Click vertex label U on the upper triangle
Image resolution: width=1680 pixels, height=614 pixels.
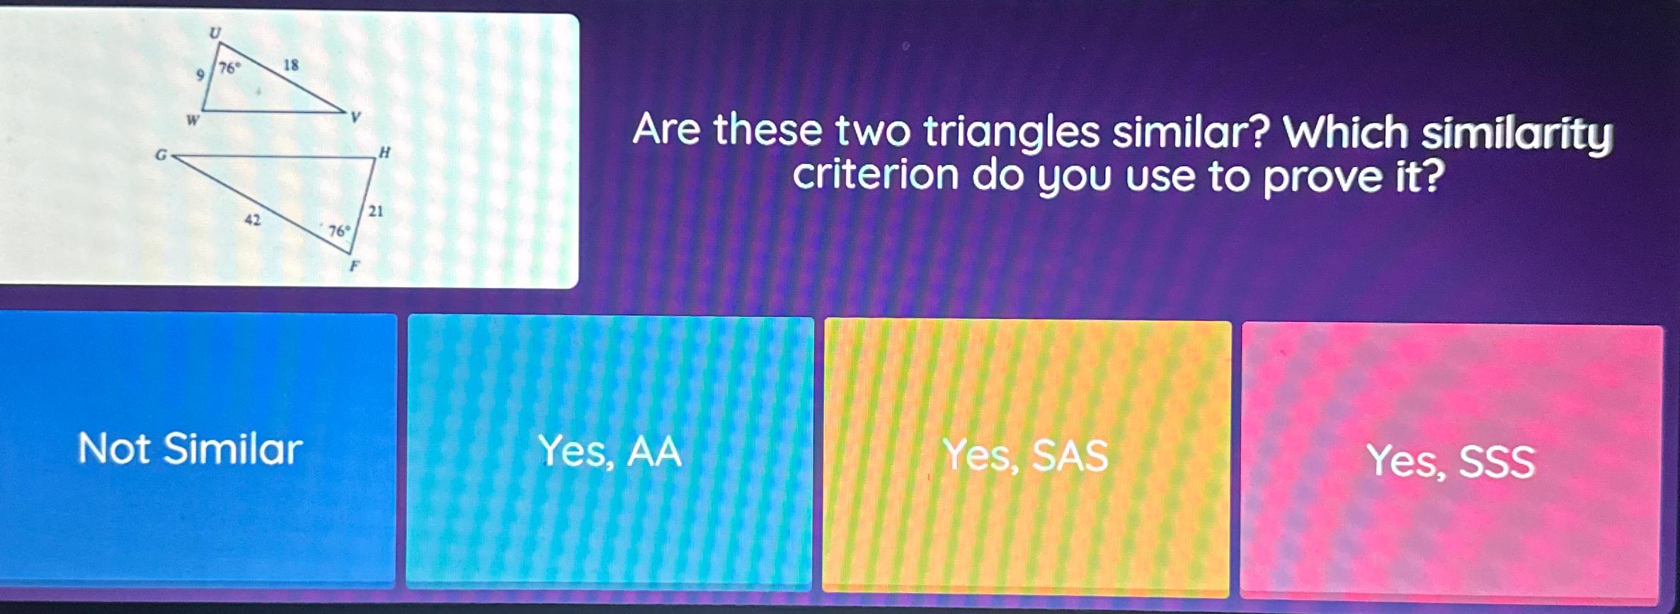215,32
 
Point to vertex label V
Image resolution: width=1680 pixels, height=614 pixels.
355,117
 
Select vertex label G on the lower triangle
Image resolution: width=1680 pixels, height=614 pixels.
161,154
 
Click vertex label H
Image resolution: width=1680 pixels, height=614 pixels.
384,152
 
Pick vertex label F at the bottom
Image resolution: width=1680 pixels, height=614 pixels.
355,267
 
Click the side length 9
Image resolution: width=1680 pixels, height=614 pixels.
200,75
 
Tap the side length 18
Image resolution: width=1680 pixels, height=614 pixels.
291,66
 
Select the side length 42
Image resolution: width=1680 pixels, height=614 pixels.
252,220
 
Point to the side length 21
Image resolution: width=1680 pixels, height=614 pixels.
375,211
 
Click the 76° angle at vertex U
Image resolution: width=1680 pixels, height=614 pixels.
229,69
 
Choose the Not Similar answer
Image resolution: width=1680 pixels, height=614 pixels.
190,448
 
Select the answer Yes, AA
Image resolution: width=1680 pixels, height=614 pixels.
610,451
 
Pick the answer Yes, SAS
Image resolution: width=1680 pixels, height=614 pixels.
1026,455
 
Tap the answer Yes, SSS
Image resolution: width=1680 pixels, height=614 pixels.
1451,461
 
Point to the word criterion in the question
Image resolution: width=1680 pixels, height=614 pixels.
875,175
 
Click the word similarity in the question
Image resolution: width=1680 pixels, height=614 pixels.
1516,134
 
